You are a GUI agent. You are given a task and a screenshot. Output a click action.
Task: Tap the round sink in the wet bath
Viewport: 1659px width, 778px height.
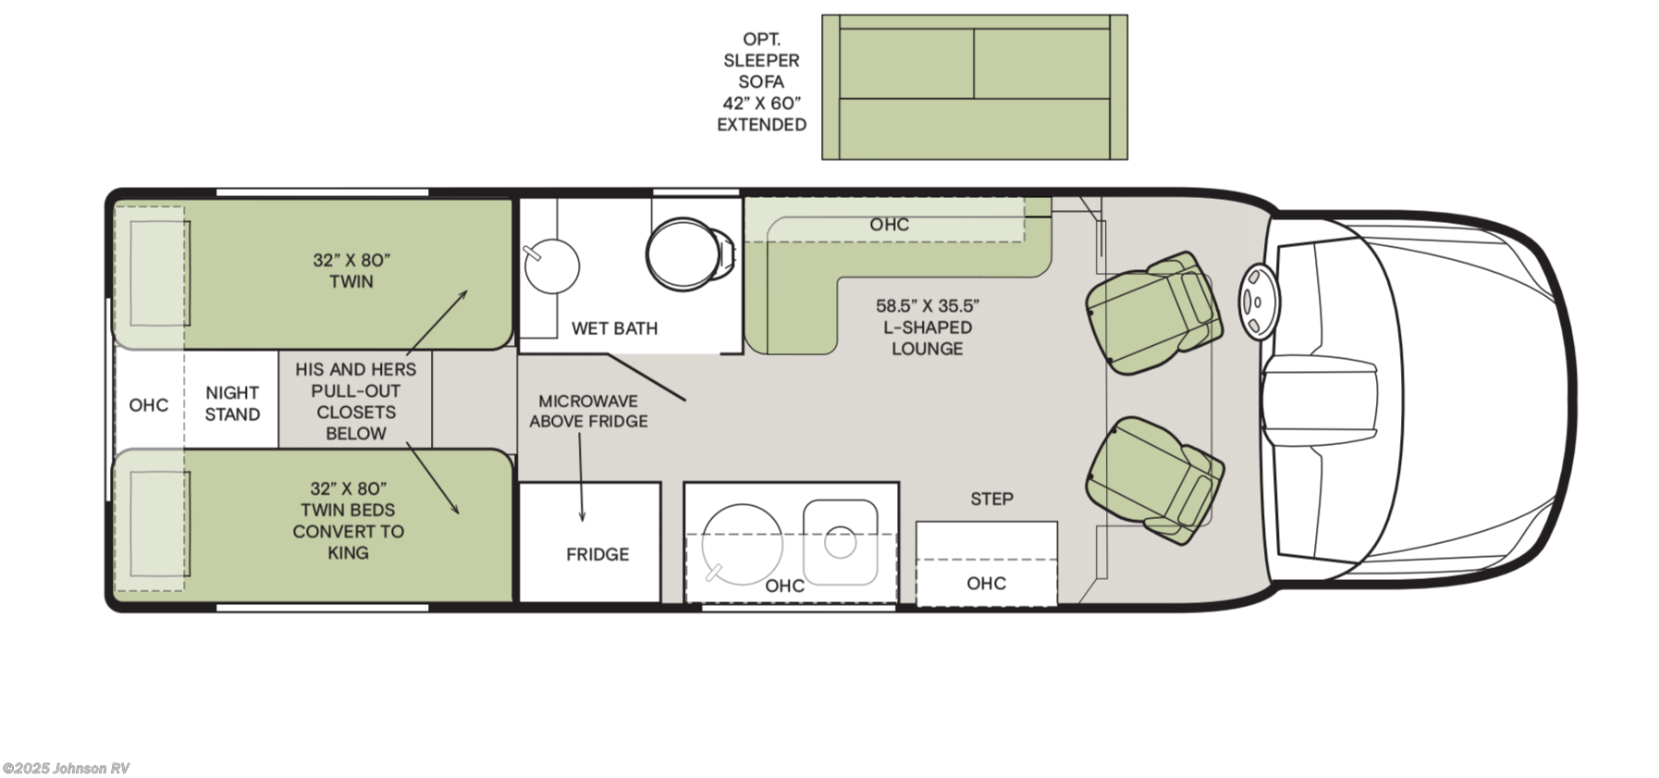pos(551,266)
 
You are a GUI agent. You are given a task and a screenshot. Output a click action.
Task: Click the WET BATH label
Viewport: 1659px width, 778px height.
pos(614,328)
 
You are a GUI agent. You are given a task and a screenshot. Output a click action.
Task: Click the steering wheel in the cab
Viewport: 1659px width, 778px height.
pos(1257,302)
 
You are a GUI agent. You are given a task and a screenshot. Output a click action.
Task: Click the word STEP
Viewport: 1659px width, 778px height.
pos(991,500)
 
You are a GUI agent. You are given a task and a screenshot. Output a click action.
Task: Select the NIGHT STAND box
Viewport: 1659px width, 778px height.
pos(232,404)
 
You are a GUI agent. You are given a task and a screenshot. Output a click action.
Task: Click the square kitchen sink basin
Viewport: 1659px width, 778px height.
pos(840,542)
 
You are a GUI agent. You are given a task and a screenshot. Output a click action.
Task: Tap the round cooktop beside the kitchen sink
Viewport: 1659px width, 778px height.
pos(742,545)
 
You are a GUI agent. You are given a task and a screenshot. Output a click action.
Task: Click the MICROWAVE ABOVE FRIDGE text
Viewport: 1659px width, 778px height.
pos(588,411)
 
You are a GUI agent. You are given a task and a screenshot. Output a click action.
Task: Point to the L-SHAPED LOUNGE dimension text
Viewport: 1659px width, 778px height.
pos(927,327)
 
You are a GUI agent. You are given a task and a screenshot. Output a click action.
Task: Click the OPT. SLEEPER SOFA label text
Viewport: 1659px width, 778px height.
pos(761,81)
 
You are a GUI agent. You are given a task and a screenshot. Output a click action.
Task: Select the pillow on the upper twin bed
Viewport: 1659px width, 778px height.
pos(159,274)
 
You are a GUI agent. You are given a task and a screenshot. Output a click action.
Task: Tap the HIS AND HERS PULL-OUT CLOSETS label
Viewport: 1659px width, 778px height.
pos(355,401)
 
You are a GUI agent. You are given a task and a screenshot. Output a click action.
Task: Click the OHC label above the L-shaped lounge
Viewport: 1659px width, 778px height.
pos(889,225)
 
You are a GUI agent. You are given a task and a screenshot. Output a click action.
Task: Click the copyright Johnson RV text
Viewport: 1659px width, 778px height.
pos(66,769)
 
